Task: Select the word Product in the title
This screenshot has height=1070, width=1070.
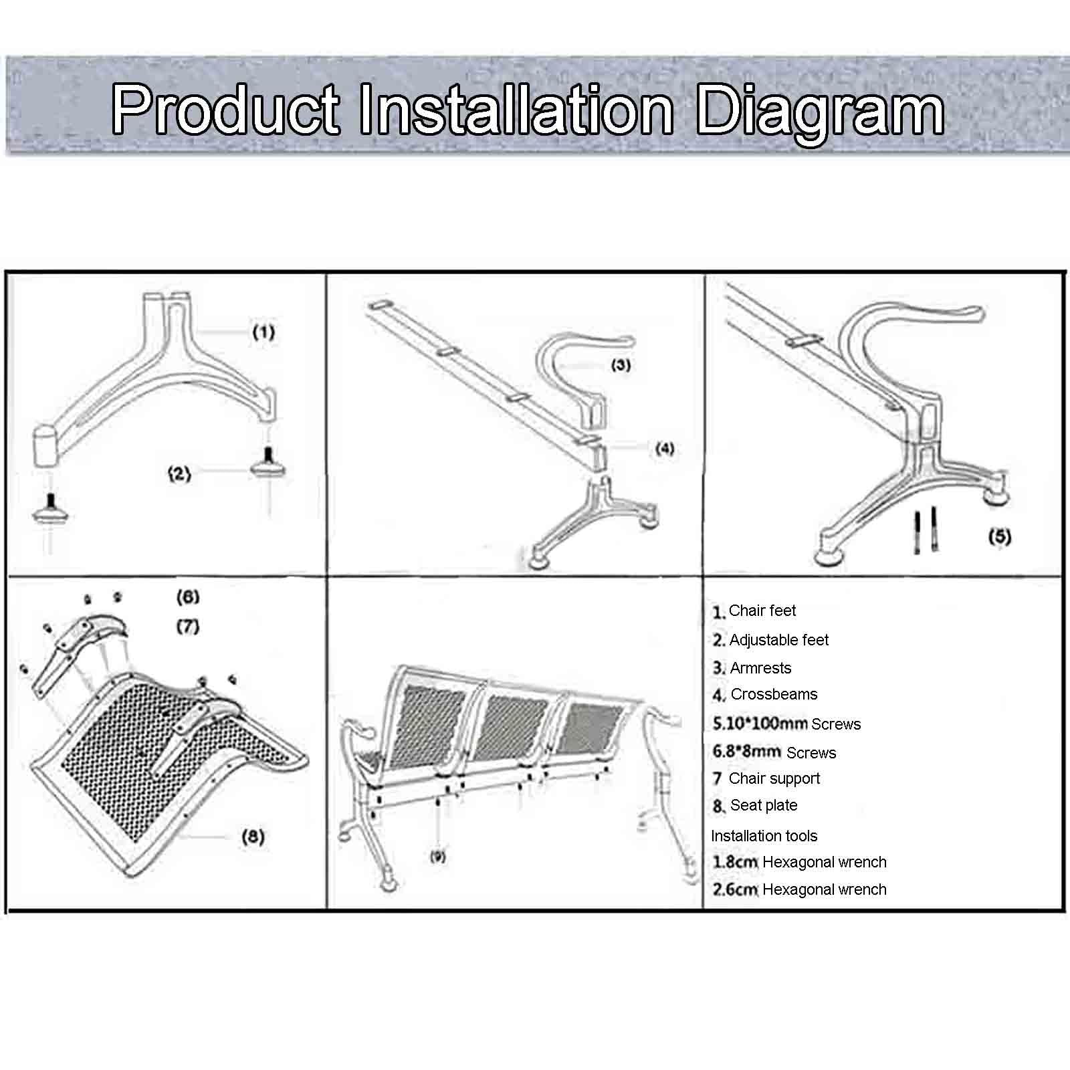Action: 225,109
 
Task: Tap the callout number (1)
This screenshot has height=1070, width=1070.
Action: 263,332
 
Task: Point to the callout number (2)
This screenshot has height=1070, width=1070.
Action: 179,474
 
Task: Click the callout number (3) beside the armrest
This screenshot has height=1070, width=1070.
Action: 621,364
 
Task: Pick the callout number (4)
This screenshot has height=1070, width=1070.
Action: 664,449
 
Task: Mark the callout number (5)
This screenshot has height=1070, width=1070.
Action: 1000,536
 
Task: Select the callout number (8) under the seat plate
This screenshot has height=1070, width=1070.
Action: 253,837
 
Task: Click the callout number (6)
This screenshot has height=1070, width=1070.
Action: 188,597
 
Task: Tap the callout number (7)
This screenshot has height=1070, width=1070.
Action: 188,627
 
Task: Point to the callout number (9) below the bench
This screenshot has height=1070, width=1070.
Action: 438,857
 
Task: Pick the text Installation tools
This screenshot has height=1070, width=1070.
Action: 764,836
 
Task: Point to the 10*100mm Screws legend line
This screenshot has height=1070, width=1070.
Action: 786,724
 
